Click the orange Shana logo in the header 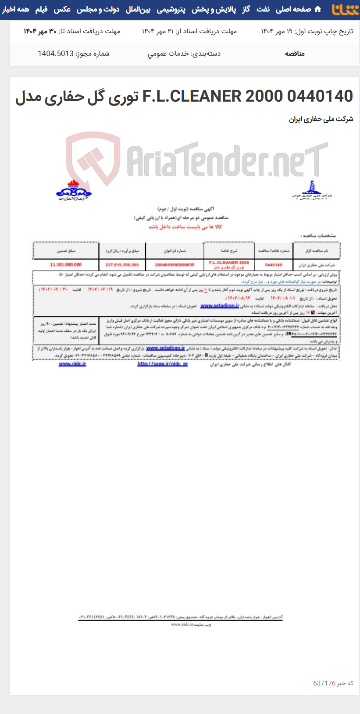[345, 10]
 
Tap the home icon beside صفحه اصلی [318, 9]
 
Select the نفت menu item [263, 9]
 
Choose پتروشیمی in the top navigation [171, 9]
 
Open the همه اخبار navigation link [16, 9]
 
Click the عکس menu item [62, 9]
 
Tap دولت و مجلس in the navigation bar [98, 9]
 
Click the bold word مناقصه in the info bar [295, 54]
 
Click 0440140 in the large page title [320, 96]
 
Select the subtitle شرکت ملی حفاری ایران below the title [321, 119]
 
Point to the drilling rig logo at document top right [312, 191]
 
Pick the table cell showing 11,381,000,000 [66, 265]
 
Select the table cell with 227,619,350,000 [122, 265]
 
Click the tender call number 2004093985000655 [175, 265]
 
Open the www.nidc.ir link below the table [72, 364]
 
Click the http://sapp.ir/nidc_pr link [162, 364]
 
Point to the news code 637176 [324, 683]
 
